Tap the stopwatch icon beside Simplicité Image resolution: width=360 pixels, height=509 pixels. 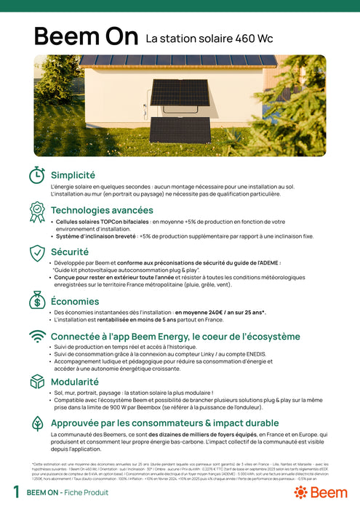(x=36, y=175)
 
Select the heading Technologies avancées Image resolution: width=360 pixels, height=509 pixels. (x=102, y=210)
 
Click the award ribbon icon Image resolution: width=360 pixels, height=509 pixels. (x=36, y=212)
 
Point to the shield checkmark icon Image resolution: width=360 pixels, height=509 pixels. (x=36, y=253)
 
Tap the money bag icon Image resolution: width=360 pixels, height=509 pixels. (x=36, y=299)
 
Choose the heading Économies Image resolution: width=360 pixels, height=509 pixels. (x=75, y=301)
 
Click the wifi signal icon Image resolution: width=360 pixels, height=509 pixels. (x=36, y=337)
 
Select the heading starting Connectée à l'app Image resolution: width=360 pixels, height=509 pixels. (x=175, y=337)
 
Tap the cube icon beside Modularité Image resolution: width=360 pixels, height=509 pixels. (x=36, y=382)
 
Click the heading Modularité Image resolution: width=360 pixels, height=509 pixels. (x=75, y=381)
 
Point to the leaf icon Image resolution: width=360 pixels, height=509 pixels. (x=36, y=424)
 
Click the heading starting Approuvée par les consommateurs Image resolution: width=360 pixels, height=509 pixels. (x=164, y=422)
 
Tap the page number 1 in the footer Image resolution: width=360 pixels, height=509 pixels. (x=16, y=492)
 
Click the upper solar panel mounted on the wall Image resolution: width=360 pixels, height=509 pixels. (x=180, y=93)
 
